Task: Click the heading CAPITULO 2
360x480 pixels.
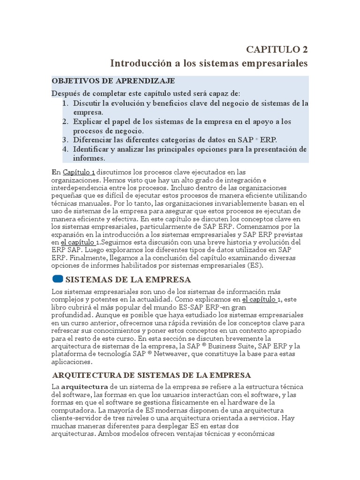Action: [277, 50]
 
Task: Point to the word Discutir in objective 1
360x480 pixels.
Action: [89, 103]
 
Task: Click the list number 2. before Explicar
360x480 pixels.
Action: [66, 122]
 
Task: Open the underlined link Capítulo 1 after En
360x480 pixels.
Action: [79, 172]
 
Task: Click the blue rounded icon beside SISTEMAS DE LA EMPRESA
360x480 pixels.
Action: [57, 279]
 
